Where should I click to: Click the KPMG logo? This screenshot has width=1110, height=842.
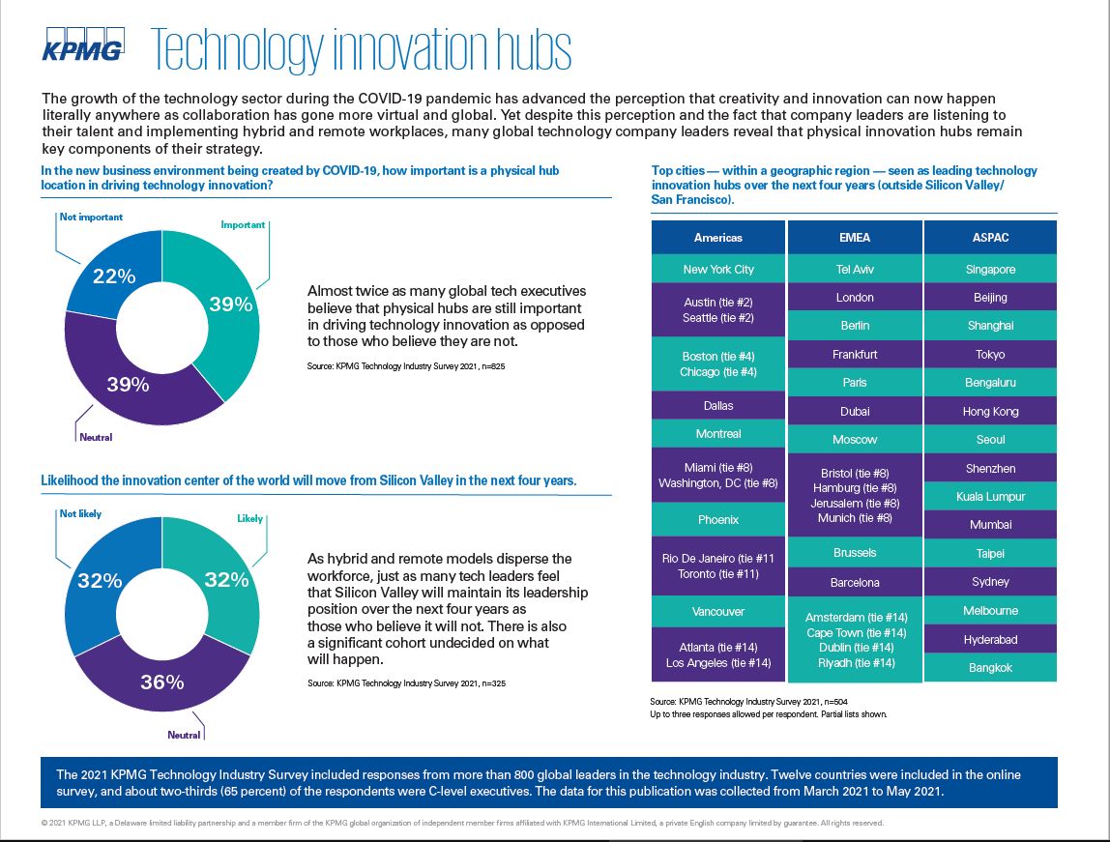click(82, 47)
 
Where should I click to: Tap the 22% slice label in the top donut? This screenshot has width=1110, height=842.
click(113, 276)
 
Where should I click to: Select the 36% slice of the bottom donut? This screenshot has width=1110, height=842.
click(161, 682)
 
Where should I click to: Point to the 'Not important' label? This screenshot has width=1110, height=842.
click(91, 218)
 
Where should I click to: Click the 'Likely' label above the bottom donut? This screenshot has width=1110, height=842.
click(249, 518)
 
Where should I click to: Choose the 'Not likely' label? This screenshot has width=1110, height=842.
click(80, 513)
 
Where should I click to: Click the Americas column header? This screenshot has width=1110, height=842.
click(717, 238)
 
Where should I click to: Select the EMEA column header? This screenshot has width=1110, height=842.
click(854, 238)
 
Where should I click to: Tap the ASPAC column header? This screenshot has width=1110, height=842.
click(990, 238)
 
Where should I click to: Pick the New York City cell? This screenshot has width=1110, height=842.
click(717, 270)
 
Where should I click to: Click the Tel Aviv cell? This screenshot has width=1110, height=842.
click(854, 270)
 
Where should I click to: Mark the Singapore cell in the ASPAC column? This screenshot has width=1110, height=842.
click(990, 270)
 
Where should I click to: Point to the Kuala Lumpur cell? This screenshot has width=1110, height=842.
click(990, 497)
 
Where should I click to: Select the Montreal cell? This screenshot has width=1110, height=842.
click(717, 434)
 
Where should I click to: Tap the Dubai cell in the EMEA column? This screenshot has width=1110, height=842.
click(854, 412)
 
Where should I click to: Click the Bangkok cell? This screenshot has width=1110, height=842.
click(990, 668)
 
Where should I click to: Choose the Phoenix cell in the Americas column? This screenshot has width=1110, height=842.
click(717, 520)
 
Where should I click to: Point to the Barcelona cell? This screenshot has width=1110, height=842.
click(854, 583)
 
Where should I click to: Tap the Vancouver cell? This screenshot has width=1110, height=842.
click(717, 612)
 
